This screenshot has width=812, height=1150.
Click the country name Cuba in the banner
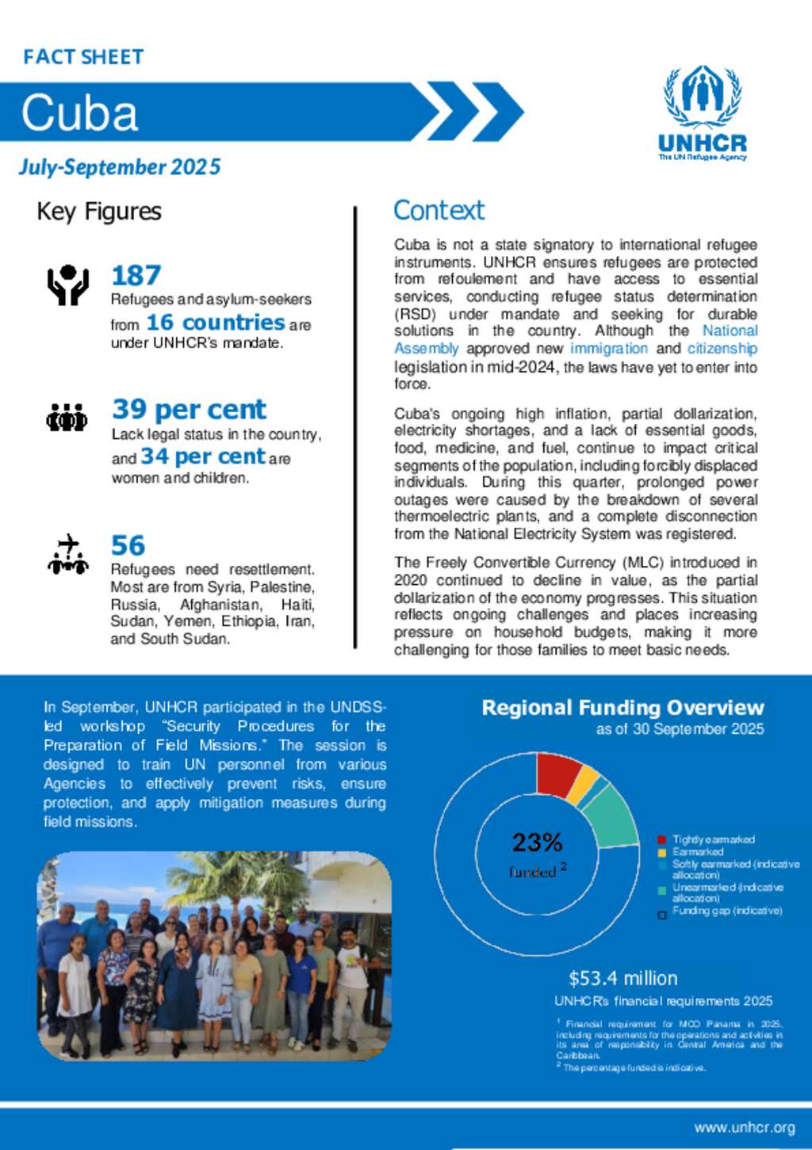pyautogui.click(x=79, y=113)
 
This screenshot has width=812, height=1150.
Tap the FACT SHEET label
pyautogui.click(x=83, y=57)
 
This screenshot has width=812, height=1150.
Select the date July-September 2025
pyautogui.click(x=120, y=167)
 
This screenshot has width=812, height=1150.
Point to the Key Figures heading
pyautogui.click(x=99, y=212)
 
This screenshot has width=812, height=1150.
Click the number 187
pyautogui.click(x=136, y=276)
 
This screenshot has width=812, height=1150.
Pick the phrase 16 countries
pyautogui.click(x=215, y=323)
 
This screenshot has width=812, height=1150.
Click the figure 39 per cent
pyautogui.click(x=189, y=409)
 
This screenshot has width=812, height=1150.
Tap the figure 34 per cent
pyautogui.click(x=202, y=457)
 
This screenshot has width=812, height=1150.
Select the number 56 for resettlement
pyautogui.click(x=128, y=545)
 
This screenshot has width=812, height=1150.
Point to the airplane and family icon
pyautogui.click(x=67, y=554)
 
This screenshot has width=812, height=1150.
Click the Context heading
pyautogui.click(x=439, y=211)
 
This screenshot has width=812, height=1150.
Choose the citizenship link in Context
pyautogui.click(x=722, y=349)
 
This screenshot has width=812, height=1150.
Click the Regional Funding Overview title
pyautogui.click(x=622, y=708)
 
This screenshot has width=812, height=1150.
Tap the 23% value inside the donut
pyautogui.click(x=537, y=842)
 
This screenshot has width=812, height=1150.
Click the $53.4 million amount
pyautogui.click(x=622, y=978)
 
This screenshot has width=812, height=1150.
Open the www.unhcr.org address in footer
pyautogui.click(x=744, y=1128)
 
